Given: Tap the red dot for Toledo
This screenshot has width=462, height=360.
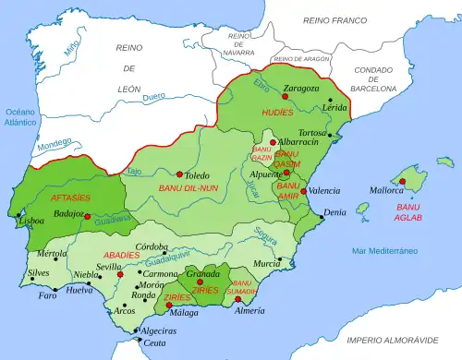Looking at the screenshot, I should tap(177, 172).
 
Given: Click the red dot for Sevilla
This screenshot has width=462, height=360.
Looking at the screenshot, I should tap(119, 274).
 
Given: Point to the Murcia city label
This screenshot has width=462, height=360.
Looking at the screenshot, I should tap(267, 263).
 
